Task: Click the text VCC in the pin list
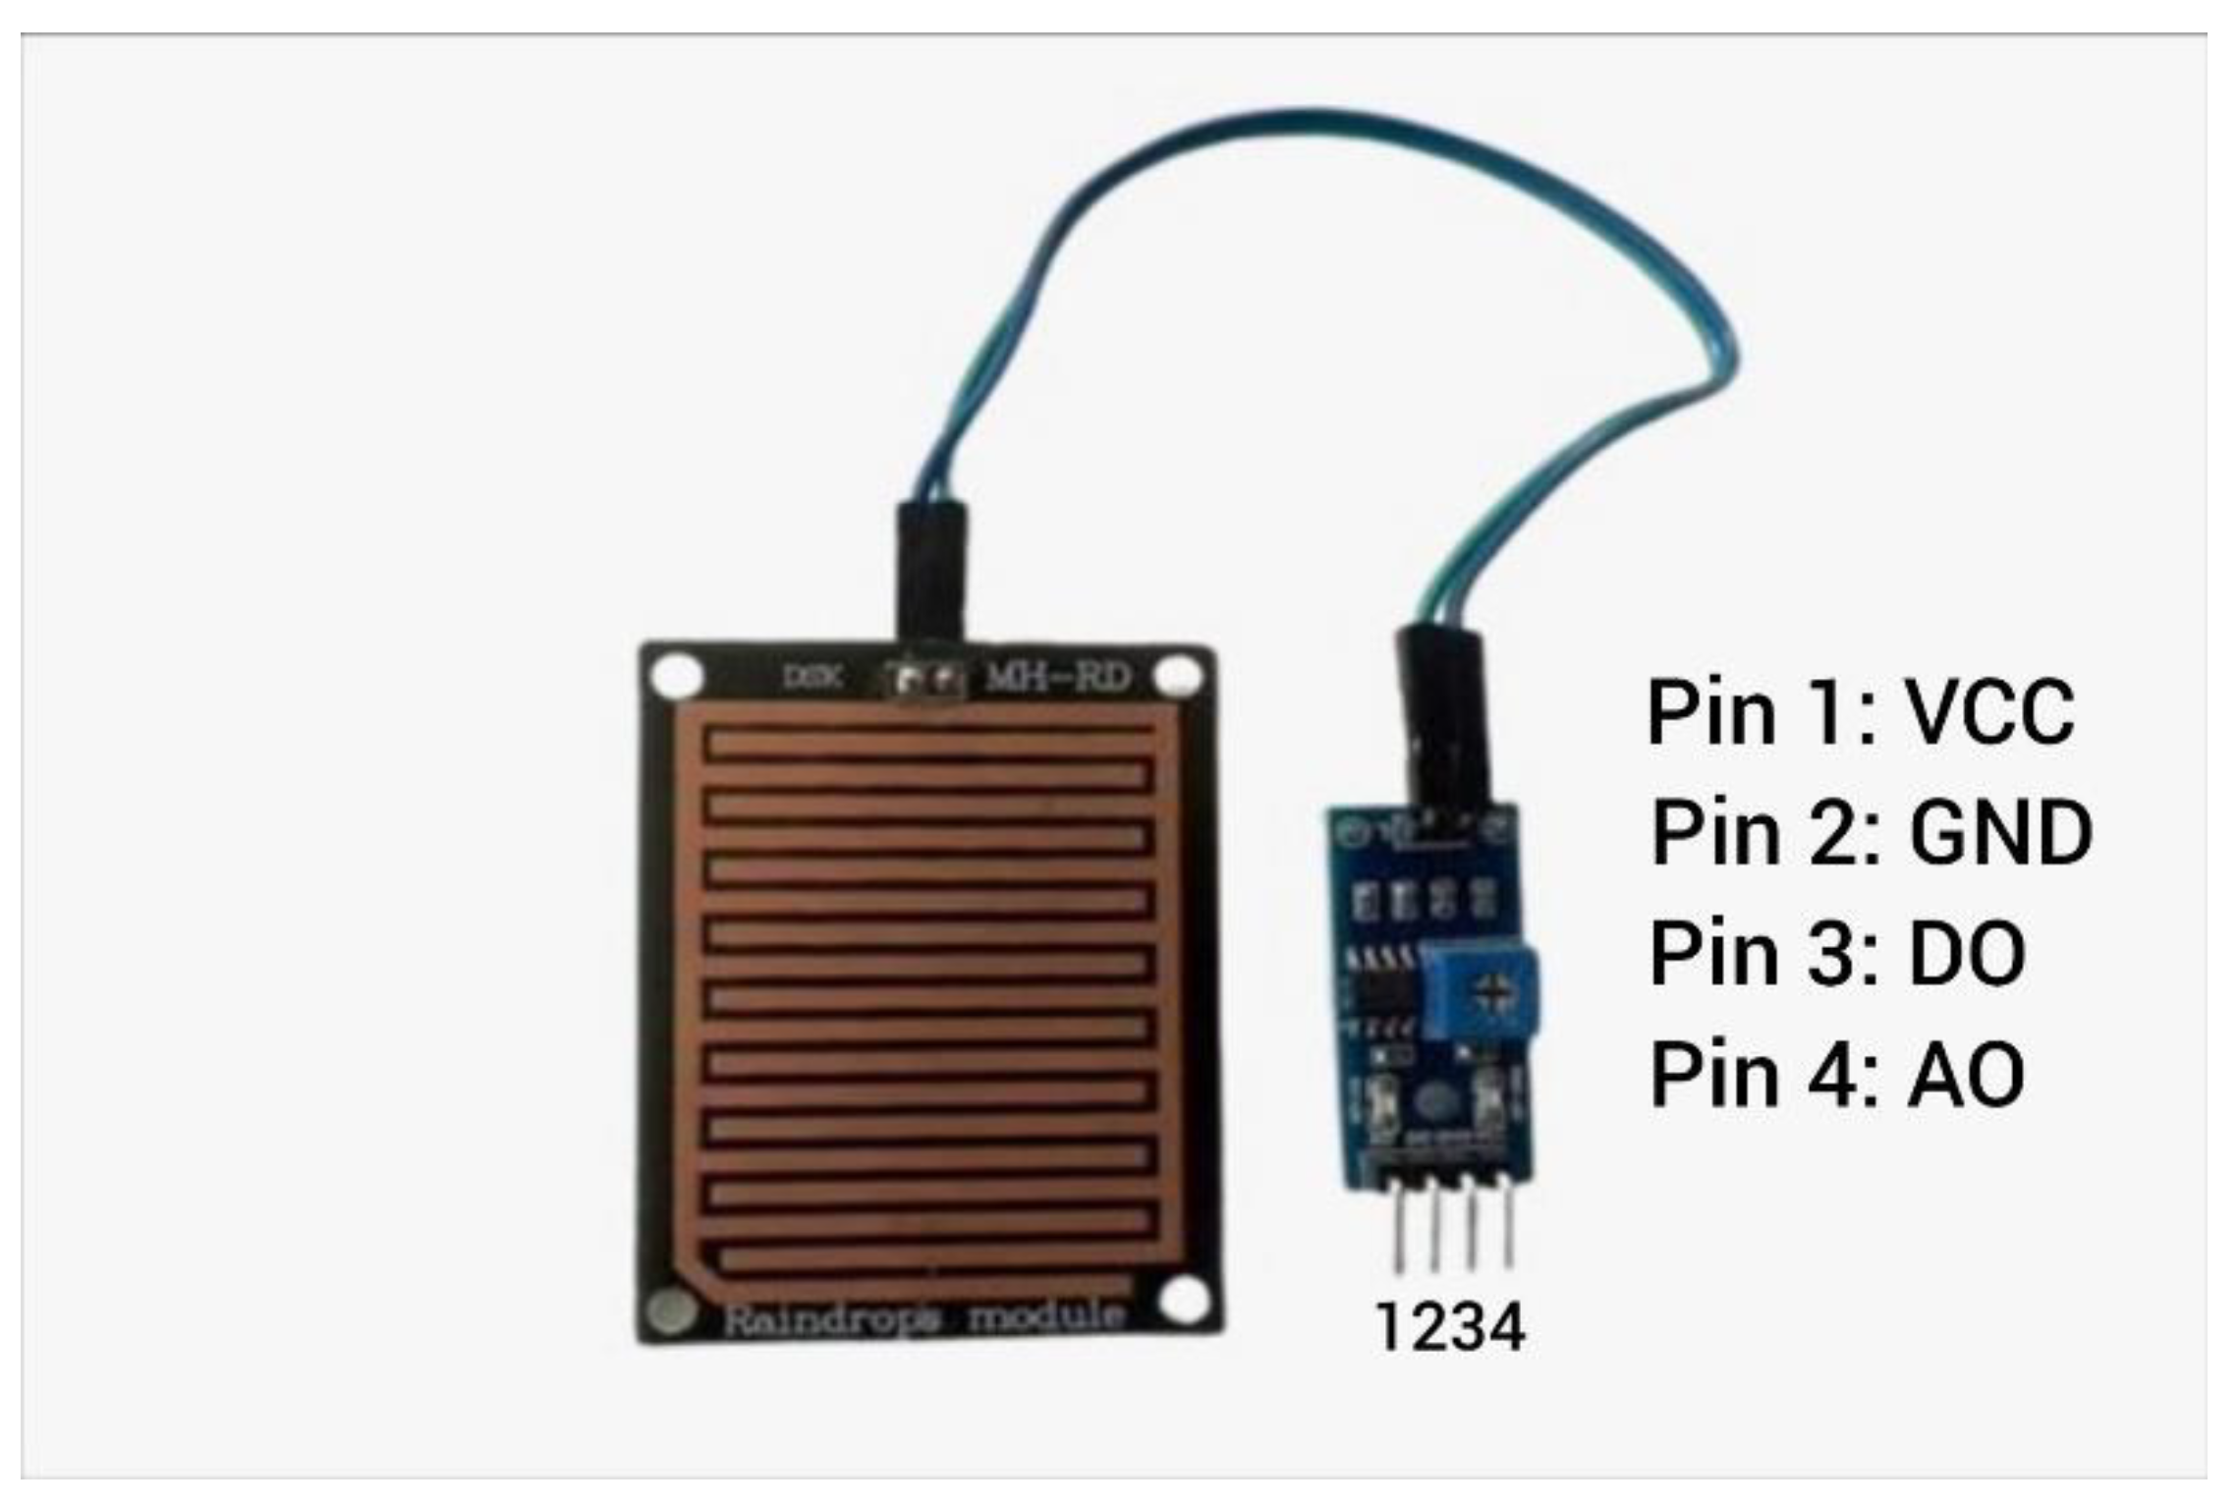(x=1988, y=711)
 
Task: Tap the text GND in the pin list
(x=1999, y=832)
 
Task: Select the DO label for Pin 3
(x=1966, y=953)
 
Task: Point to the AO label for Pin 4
(x=1965, y=1075)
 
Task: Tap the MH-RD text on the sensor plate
(x=1057, y=677)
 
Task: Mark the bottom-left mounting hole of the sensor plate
(x=673, y=1311)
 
